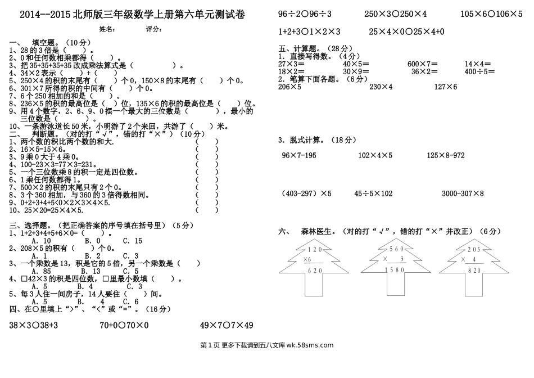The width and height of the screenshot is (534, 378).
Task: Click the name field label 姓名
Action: pos(107,29)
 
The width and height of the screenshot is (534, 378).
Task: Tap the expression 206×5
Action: pos(289,87)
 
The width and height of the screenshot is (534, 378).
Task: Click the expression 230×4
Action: pos(381,87)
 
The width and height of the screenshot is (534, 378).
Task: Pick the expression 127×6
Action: pos(446,87)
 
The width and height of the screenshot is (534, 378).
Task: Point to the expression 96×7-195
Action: pos(299,155)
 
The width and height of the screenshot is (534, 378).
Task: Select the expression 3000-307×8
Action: pos(463,193)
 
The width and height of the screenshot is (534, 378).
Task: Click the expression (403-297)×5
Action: pos(306,193)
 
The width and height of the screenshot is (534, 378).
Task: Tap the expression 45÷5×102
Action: pos(373,193)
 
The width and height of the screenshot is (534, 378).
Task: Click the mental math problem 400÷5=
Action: pos(479,71)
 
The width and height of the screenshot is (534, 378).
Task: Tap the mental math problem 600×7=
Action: pos(422,64)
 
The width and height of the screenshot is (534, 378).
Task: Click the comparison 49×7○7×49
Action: pos(227,325)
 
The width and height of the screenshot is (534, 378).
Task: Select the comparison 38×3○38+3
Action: pos(34,325)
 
